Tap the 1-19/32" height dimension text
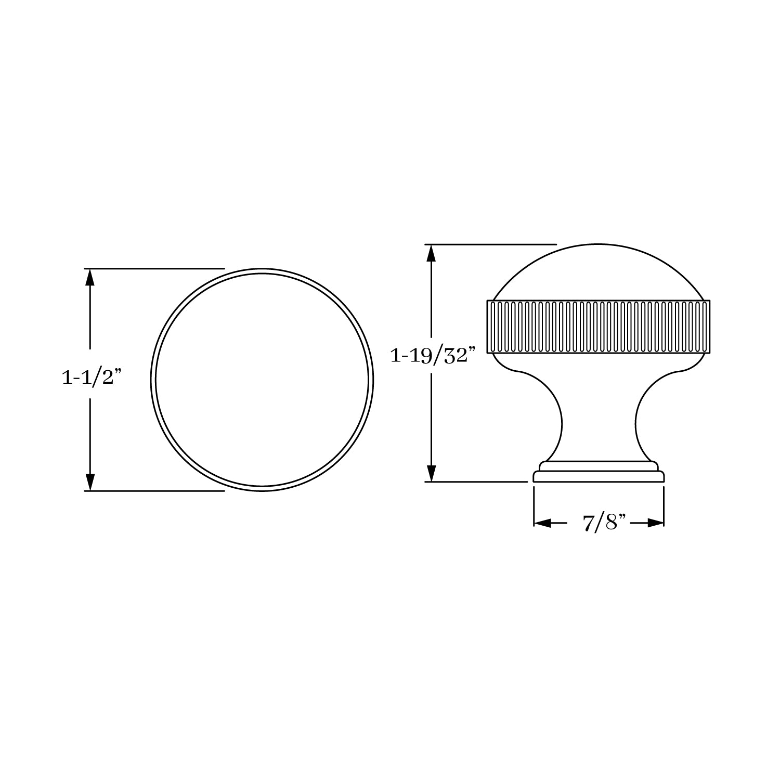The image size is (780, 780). (433, 356)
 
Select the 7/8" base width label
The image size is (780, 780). (599, 523)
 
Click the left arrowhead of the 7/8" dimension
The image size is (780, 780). (542, 523)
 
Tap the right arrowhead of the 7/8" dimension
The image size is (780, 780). (656, 523)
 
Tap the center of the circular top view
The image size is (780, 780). (262, 380)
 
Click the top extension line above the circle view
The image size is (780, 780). (156, 269)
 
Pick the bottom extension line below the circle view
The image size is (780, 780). (156, 490)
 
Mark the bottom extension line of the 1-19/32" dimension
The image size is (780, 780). (478, 482)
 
